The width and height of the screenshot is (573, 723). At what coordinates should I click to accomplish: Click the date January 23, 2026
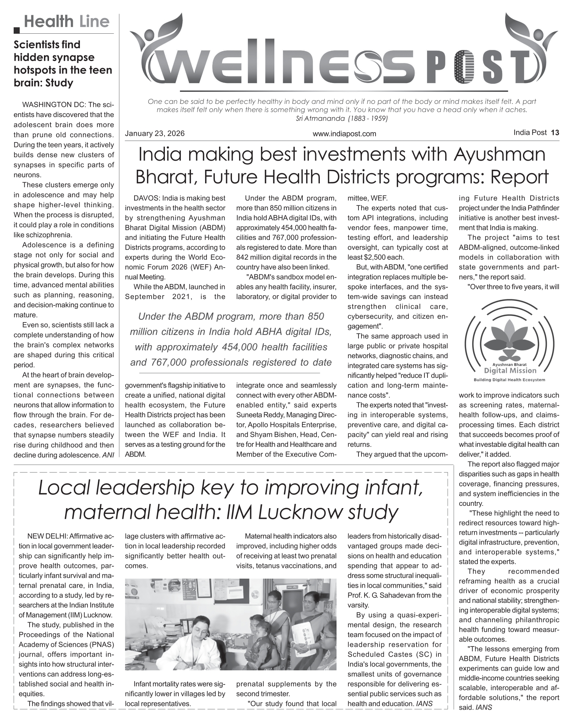155,133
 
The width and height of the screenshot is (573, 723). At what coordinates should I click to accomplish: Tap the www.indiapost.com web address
344,134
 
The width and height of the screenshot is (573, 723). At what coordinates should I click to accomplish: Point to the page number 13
555,133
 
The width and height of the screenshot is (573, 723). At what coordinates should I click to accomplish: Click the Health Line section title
66,22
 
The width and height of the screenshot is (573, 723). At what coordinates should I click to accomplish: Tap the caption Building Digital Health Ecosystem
509,379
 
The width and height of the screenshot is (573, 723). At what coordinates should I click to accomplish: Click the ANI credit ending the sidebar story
108,455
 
